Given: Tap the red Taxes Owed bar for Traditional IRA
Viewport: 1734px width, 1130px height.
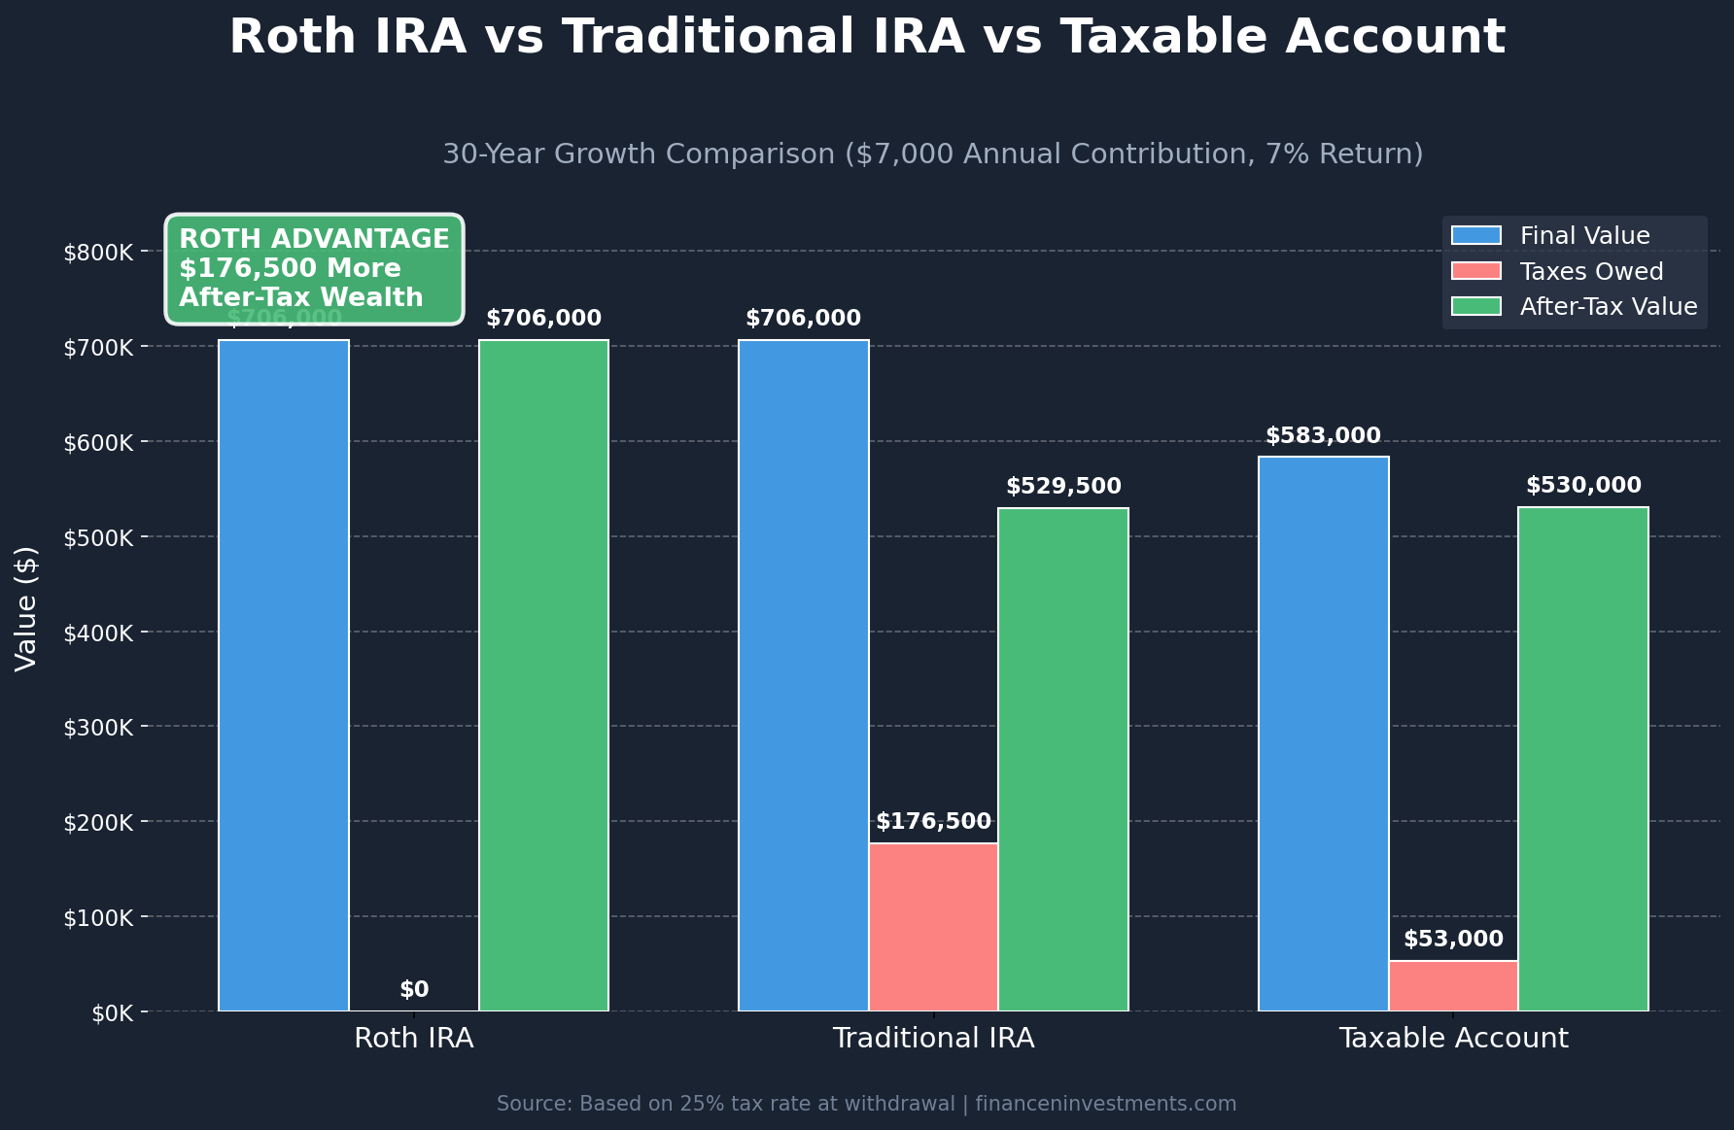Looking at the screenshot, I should point(933,927).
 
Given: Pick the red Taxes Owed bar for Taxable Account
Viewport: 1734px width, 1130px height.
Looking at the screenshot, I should point(1453,985).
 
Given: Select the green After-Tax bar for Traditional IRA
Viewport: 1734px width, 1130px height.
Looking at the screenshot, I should point(1063,759).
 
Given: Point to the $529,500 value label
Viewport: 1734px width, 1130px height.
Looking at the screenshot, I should point(1063,486).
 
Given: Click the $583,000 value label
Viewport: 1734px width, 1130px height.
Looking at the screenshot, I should point(1323,436).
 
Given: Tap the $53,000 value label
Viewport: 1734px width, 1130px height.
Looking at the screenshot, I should point(1453,940).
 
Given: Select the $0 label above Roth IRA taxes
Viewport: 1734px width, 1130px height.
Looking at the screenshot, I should point(414,990).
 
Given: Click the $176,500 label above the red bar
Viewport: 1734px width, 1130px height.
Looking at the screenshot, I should point(933,822).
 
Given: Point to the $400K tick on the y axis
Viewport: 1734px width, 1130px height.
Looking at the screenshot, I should point(98,633).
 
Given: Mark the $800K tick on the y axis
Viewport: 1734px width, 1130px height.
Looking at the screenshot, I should point(98,253).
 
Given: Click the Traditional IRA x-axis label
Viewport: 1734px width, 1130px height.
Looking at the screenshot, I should point(933,1038).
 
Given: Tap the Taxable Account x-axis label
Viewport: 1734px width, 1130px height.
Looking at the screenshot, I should point(1453,1038).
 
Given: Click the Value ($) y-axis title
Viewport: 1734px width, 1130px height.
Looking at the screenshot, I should point(26,608).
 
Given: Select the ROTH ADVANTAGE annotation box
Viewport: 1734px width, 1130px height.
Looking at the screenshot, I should point(314,268).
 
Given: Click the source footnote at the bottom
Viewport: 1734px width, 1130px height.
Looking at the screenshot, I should point(866,1104).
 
